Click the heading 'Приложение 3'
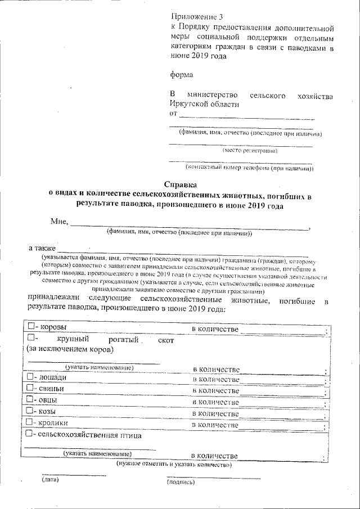[192, 16]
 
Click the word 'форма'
[181, 74]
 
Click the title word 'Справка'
[180, 184]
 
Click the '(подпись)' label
[181, 482]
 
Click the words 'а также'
[42, 247]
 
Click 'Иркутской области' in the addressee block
[204, 104]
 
